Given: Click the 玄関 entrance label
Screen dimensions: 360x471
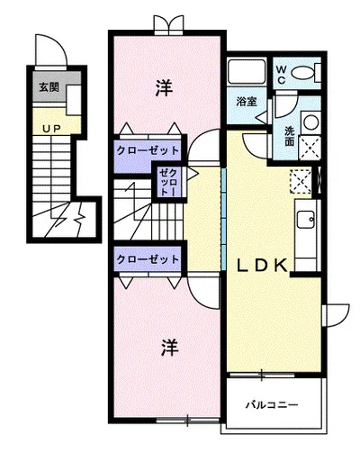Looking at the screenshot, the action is coord(49,87).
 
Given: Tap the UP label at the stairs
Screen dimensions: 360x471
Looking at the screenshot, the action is coord(51,129).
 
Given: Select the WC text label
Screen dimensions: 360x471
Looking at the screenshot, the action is coord(281,75).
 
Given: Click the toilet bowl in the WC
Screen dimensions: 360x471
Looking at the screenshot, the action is coord(303,72).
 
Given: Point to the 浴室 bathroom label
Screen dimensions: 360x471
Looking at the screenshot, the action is coord(247,102).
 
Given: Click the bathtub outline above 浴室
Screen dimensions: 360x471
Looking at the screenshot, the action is coord(247,72).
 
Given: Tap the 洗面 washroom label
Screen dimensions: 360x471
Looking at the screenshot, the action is coord(290,136).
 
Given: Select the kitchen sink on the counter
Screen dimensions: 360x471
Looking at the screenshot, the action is coord(306,220).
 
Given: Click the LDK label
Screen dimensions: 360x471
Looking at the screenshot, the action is coord(262,266).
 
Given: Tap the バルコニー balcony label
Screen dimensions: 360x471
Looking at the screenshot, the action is coord(272,405).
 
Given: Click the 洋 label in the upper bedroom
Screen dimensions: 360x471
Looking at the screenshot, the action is coord(164,87).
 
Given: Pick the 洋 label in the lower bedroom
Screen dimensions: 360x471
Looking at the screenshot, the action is coord(170,348).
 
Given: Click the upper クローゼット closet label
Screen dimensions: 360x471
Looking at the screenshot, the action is coord(148,150).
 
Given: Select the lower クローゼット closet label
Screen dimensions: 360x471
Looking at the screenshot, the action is coord(148,259).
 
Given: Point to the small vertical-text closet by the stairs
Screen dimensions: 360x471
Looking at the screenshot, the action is coord(168,182).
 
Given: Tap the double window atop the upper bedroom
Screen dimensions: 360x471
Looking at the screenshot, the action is coord(168,24).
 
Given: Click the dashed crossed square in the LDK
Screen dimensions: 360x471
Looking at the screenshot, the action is coord(301,181).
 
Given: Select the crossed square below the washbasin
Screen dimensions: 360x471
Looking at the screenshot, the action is coord(311,148).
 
